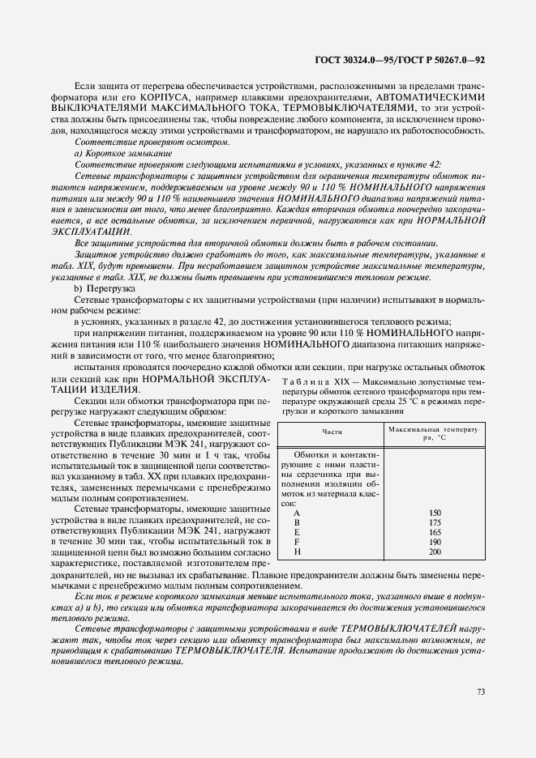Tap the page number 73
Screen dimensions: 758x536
click(480, 692)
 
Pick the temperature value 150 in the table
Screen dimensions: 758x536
click(435, 513)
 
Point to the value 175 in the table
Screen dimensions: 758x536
click(435, 523)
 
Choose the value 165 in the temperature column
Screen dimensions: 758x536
click(435, 533)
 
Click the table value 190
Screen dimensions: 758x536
click(435, 543)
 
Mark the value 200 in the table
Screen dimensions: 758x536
click(435, 552)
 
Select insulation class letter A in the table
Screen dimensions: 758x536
click(297, 513)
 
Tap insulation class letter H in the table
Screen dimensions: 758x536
click(297, 552)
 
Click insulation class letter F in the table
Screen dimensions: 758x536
click(297, 543)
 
